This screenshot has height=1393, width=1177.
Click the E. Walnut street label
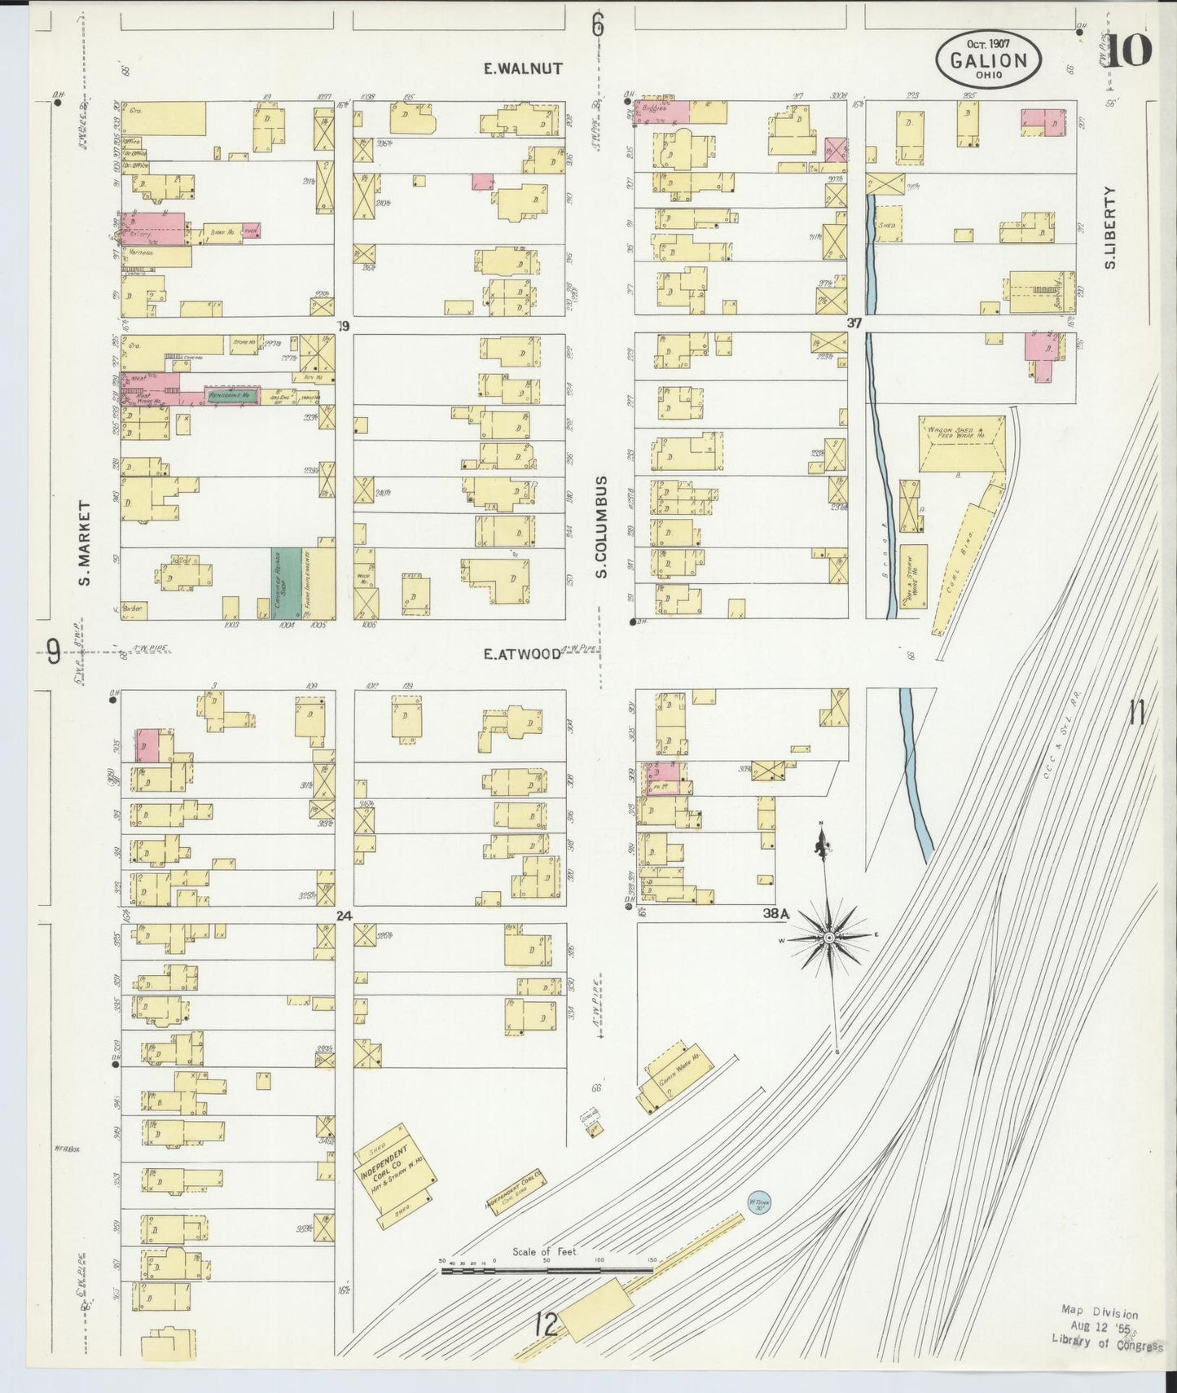tap(522, 69)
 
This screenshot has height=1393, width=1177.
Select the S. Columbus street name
tap(602, 527)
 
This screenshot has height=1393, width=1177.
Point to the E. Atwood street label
tap(522, 653)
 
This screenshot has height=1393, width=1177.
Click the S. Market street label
tap(84, 543)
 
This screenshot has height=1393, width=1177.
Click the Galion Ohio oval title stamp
tap(988, 59)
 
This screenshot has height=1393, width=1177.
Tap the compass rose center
tap(829, 938)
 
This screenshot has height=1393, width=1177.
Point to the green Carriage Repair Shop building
tap(286, 583)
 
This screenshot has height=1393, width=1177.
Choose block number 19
tap(344, 326)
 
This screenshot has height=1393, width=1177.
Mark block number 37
tap(853, 323)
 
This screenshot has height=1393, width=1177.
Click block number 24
tap(344, 916)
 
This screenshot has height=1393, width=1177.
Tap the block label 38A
tap(775, 914)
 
